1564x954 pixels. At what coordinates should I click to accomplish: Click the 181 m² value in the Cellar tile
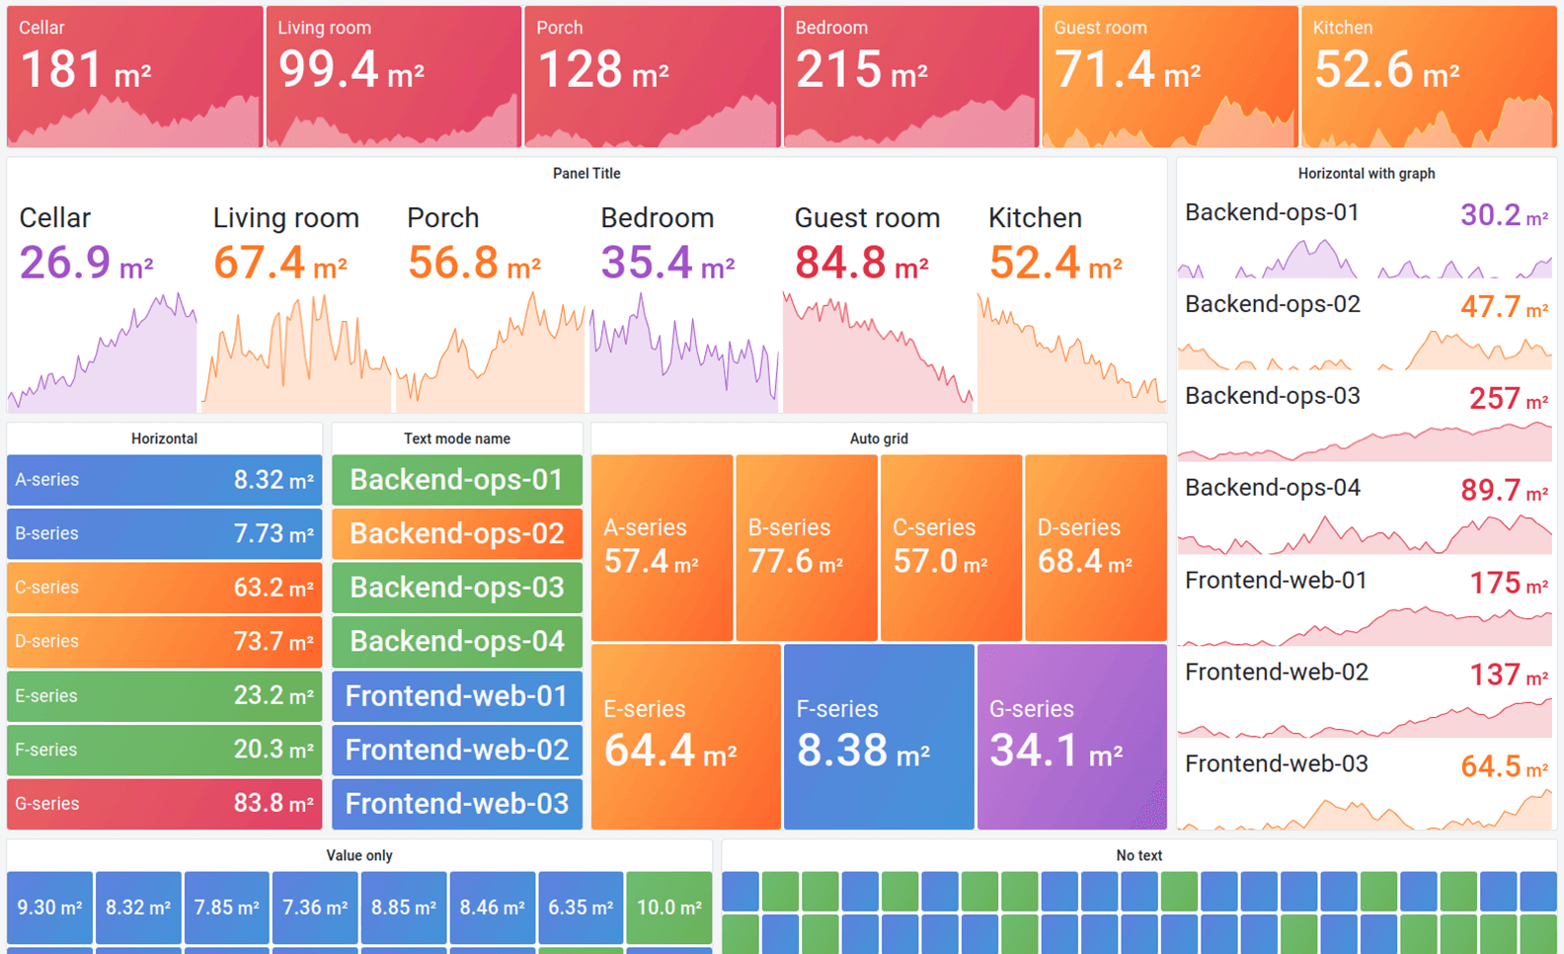tap(84, 71)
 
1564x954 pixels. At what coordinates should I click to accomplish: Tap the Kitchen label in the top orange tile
tap(1342, 28)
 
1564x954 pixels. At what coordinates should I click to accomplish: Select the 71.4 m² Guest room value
tap(1127, 71)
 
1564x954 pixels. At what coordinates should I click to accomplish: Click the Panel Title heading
tap(586, 174)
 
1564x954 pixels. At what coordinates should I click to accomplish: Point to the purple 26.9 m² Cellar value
tap(86, 264)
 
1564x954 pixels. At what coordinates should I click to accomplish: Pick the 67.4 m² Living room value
tap(279, 264)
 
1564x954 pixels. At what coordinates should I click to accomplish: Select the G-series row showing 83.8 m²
tap(164, 804)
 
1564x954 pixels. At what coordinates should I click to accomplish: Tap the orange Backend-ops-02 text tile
tap(456, 533)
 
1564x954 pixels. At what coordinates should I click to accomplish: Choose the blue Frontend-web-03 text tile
tap(456, 804)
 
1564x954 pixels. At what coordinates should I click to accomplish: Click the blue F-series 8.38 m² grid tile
tap(878, 737)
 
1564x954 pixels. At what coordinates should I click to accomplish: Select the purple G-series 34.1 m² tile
tap(1071, 737)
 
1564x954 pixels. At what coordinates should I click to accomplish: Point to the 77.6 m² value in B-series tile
tap(795, 562)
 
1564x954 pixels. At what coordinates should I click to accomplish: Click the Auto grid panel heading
tap(878, 438)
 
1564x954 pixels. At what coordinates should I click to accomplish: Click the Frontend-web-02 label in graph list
tap(1276, 673)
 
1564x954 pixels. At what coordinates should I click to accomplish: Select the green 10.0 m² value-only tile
tap(668, 907)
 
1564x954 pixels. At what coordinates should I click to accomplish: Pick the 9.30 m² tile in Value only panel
tap(49, 907)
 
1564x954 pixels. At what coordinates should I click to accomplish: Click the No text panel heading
tap(1138, 855)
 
